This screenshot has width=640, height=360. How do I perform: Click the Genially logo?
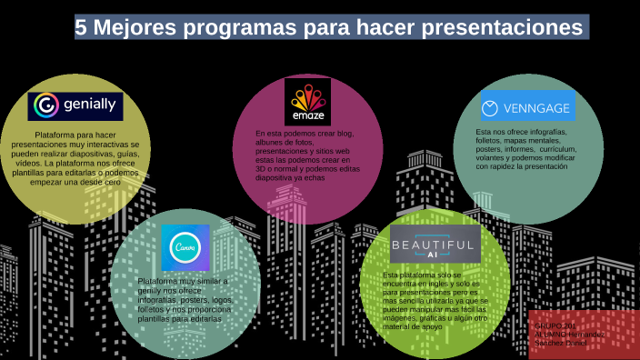75,106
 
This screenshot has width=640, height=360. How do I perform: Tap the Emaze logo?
307,101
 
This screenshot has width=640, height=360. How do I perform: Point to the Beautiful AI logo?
433,246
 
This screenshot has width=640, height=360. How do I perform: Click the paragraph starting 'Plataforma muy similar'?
185,300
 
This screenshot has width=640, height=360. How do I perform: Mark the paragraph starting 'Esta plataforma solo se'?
435,300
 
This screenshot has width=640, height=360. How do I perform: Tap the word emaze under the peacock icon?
307,117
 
